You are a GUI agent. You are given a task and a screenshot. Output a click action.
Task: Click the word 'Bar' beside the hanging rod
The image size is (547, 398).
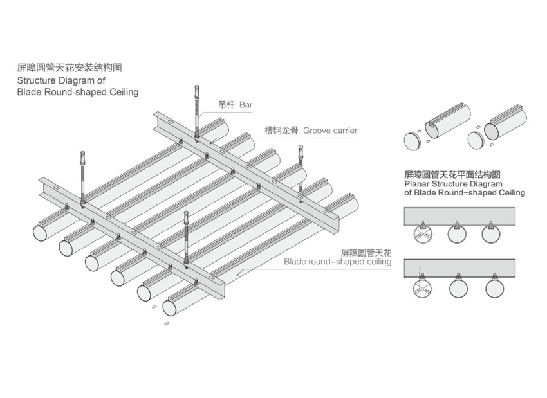click(246, 104)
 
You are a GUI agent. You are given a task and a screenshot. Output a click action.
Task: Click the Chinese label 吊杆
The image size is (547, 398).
click(226, 104)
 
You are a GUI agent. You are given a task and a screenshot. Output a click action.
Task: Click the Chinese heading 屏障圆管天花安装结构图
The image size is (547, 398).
click(70, 67)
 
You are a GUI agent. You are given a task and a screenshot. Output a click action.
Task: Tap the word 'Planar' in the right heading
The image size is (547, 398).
click(417, 183)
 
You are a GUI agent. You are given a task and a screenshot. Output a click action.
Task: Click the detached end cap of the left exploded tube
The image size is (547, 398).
click(412, 139)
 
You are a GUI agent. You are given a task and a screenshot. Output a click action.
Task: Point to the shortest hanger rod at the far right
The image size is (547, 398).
click(300, 158)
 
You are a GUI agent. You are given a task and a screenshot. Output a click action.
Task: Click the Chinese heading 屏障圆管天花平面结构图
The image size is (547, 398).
click(452, 174)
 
